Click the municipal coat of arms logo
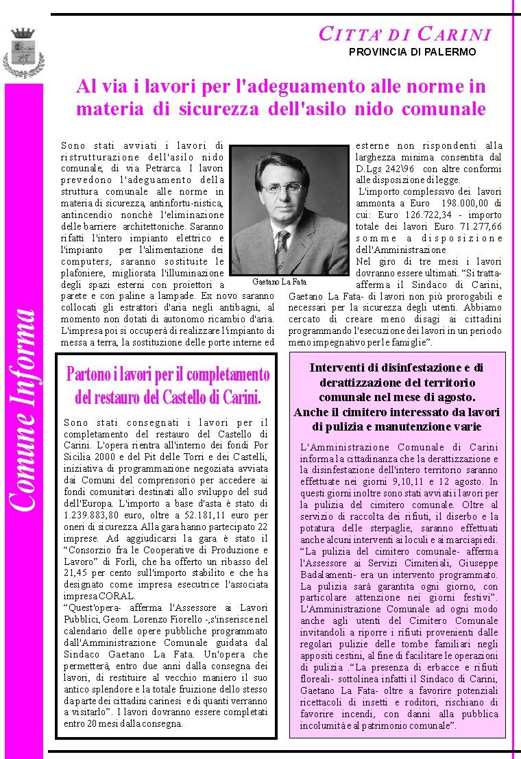click(23, 53)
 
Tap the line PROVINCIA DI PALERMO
click(412, 52)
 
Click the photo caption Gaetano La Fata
click(279, 282)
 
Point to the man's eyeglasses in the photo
click(281, 187)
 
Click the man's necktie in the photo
click(282, 250)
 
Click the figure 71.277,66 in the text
click(478, 226)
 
